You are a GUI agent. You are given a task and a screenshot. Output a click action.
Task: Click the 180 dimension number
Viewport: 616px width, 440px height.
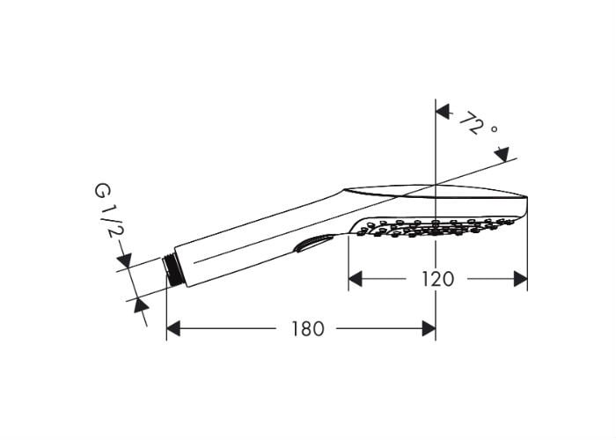coord(308,328)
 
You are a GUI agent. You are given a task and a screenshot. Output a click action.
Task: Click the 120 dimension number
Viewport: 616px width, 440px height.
coord(437,279)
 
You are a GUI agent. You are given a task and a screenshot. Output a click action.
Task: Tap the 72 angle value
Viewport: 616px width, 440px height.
coord(472,122)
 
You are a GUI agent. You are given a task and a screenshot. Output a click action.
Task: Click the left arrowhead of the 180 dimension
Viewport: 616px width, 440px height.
coord(173,328)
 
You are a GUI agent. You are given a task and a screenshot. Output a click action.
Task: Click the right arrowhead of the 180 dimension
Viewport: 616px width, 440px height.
coord(429,328)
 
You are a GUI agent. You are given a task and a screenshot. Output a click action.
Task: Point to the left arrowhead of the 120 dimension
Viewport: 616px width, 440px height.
coord(356,279)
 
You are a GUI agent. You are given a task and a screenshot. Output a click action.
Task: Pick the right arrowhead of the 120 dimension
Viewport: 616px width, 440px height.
coord(521,279)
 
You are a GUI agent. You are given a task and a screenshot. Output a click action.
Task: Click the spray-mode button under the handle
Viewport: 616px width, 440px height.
coord(313,244)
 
